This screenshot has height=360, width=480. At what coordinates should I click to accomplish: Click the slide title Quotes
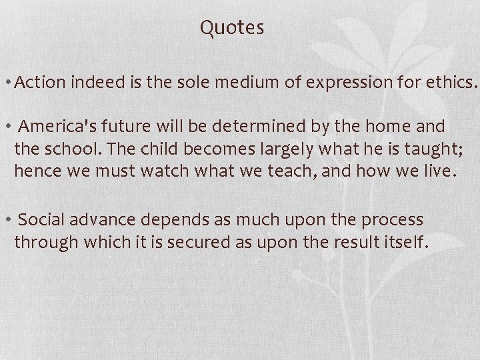pyautogui.click(x=232, y=28)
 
